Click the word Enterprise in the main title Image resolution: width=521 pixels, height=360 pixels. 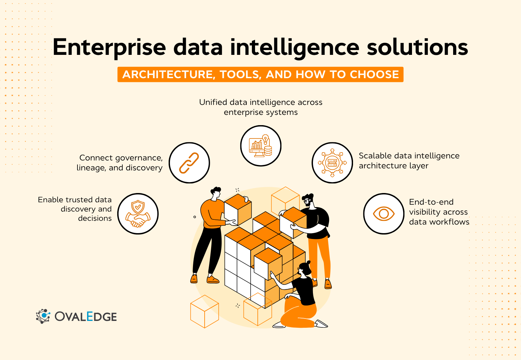point(109,47)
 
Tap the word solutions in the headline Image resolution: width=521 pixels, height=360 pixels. point(417,47)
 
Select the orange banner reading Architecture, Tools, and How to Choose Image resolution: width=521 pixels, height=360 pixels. point(260,74)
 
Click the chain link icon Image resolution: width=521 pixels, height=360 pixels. point(189,163)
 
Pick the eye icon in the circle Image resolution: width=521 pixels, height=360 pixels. point(384,214)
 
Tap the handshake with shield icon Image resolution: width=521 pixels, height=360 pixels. point(138,214)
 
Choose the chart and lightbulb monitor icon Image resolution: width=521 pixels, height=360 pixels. point(260,146)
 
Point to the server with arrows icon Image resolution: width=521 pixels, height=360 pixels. point(332,163)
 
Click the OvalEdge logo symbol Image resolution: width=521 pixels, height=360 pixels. point(43,316)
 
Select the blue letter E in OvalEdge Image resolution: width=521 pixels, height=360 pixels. point(90,316)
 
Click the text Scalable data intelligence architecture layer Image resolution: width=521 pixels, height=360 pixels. point(409,160)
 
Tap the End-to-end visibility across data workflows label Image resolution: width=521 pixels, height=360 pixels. point(439,212)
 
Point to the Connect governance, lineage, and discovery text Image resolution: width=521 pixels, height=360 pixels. point(120,163)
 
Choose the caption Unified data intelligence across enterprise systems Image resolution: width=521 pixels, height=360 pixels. point(260,107)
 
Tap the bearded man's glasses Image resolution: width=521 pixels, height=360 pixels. point(306,201)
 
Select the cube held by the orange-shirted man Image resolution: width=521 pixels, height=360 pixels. point(238,209)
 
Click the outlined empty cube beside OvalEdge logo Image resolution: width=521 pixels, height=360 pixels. point(204,311)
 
